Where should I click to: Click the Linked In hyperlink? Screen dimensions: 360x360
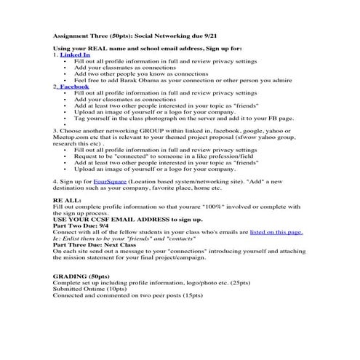76,55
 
